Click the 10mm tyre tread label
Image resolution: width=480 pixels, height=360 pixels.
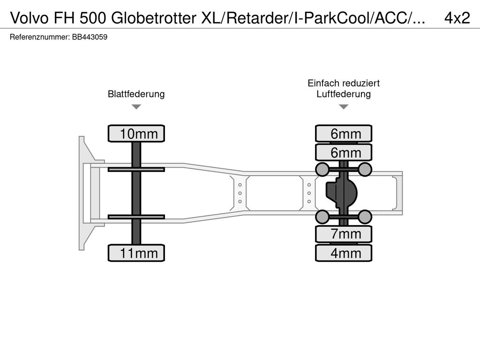point(136,134)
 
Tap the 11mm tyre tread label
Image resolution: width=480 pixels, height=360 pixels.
point(136,254)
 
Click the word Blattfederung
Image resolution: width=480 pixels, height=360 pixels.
point(136,94)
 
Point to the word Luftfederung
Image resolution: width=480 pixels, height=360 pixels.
point(344,94)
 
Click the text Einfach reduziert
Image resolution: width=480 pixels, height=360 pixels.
point(344,83)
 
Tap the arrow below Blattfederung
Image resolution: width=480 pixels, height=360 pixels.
point(136,107)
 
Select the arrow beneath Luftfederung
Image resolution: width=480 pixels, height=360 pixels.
point(344,107)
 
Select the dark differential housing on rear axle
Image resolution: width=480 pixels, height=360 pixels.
point(341,193)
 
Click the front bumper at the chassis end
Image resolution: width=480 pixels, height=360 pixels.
point(85,193)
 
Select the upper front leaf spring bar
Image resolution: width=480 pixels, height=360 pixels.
point(136,169)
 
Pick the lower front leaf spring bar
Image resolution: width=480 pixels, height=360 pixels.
point(136,217)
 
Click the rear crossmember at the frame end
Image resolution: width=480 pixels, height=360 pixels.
point(399,193)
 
